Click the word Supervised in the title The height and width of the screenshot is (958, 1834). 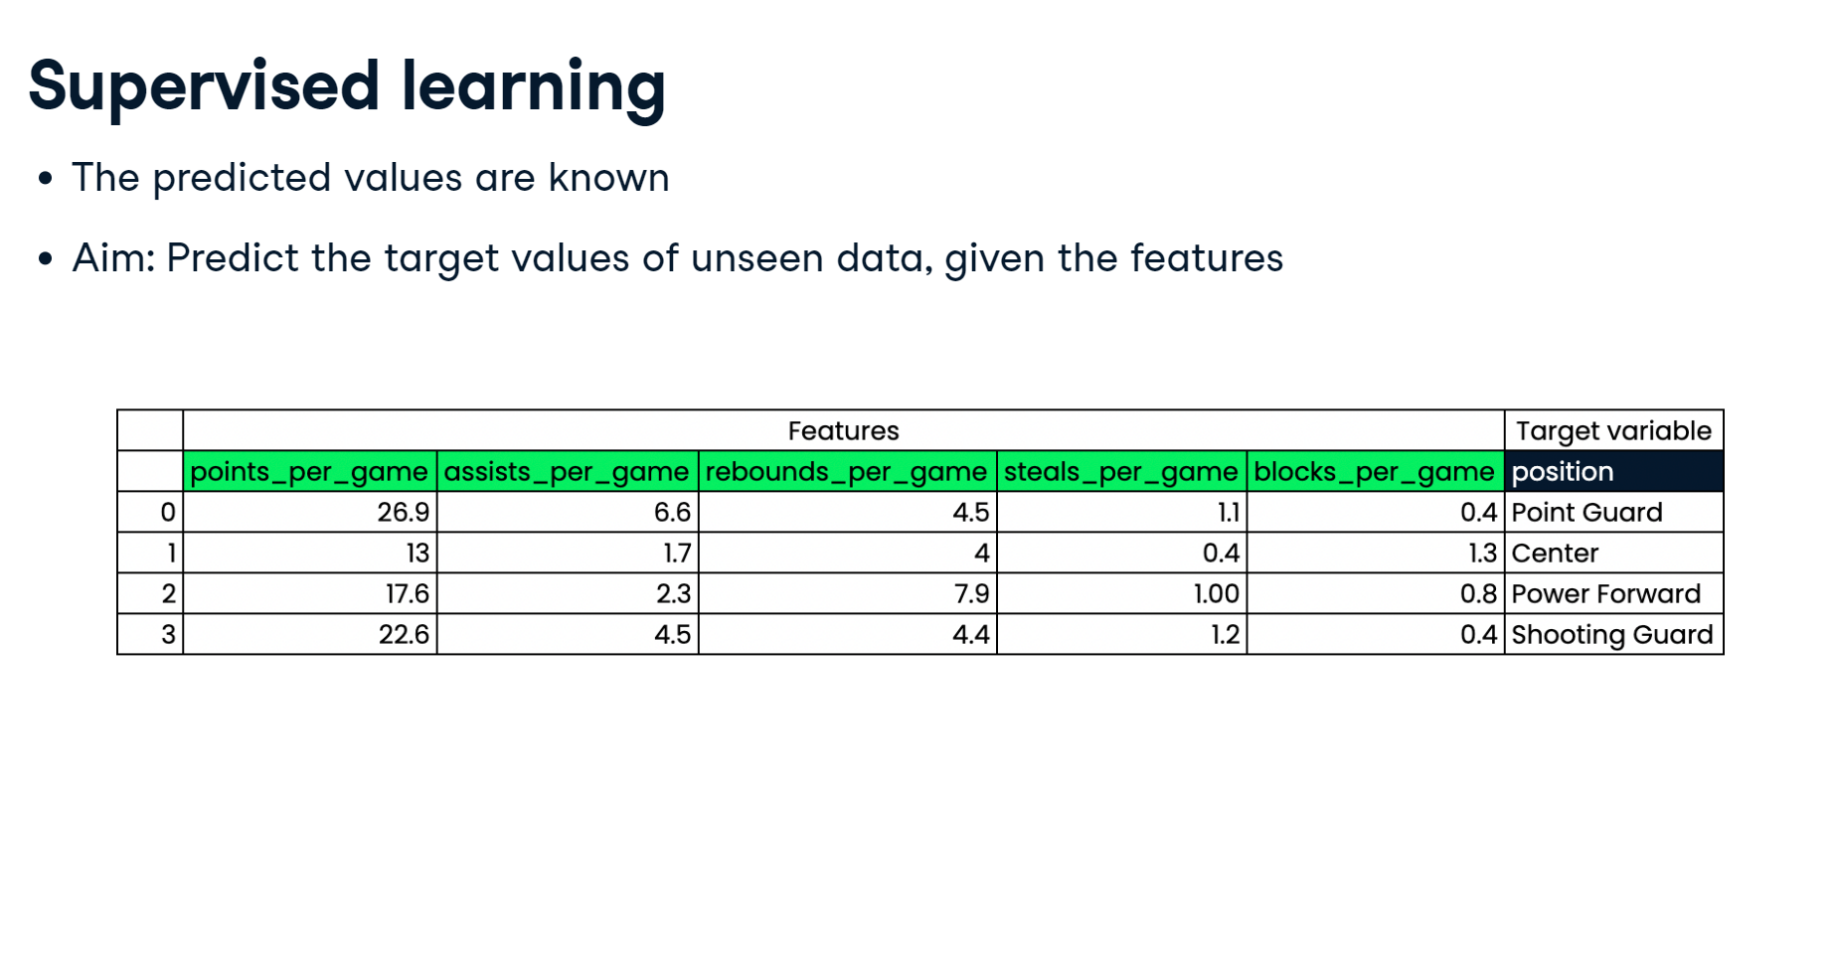point(204,86)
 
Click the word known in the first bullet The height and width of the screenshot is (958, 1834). point(608,178)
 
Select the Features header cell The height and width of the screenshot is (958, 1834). point(843,430)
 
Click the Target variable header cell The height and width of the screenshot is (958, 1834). point(1613,430)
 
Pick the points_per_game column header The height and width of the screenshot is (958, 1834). point(309,471)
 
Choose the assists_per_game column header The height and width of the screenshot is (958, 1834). point(567,471)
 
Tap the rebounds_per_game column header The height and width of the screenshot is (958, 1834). point(847,471)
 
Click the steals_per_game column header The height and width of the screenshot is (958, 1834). point(1121,471)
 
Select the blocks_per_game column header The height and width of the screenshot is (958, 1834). point(1375,471)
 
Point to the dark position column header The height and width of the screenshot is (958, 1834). point(1613,471)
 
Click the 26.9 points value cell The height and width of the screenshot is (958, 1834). point(309,512)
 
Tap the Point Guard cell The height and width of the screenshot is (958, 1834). point(1613,512)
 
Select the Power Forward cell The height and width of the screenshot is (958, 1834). point(1613,593)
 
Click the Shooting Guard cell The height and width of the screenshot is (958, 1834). point(1613,634)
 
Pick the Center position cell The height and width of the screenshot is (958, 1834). point(1613,553)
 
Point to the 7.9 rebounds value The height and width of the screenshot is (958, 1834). point(847,593)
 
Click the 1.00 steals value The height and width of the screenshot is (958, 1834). point(1121,593)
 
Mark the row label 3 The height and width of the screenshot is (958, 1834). point(150,634)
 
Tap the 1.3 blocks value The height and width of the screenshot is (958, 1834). point(1375,553)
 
